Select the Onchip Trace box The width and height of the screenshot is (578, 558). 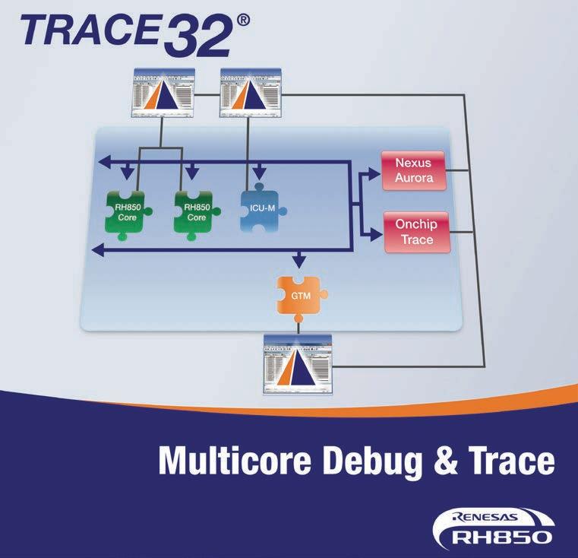coord(416,233)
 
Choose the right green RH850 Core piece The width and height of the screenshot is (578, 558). coord(196,211)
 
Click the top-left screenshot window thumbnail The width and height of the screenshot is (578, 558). coord(164,93)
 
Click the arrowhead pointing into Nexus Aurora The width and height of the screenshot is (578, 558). coord(373,174)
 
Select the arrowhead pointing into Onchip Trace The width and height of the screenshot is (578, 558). coord(373,236)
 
